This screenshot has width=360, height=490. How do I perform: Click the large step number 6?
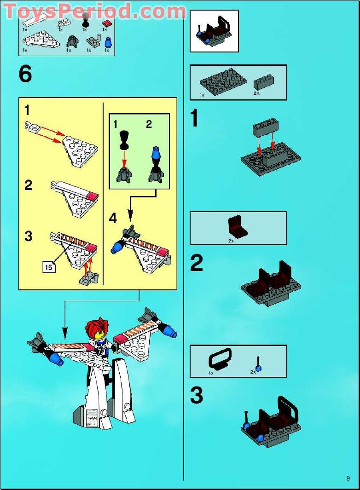(26, 74)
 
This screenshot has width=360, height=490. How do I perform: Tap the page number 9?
(348, 478)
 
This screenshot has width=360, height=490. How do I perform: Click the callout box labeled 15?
(49, 266)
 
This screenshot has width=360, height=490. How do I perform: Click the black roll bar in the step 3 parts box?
(220, 358)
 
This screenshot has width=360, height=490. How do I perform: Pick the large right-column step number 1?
(195, 119)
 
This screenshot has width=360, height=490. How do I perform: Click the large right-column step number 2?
(197, 263)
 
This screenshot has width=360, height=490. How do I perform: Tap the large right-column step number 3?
(197, 395)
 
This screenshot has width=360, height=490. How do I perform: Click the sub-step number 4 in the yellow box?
(113, 218)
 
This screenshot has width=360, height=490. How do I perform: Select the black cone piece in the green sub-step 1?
(124, 139)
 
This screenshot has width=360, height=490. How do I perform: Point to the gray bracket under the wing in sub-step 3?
(87, 278)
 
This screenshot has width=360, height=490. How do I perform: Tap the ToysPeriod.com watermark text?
(94, 11)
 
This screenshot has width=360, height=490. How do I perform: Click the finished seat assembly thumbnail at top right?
(214, 31)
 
